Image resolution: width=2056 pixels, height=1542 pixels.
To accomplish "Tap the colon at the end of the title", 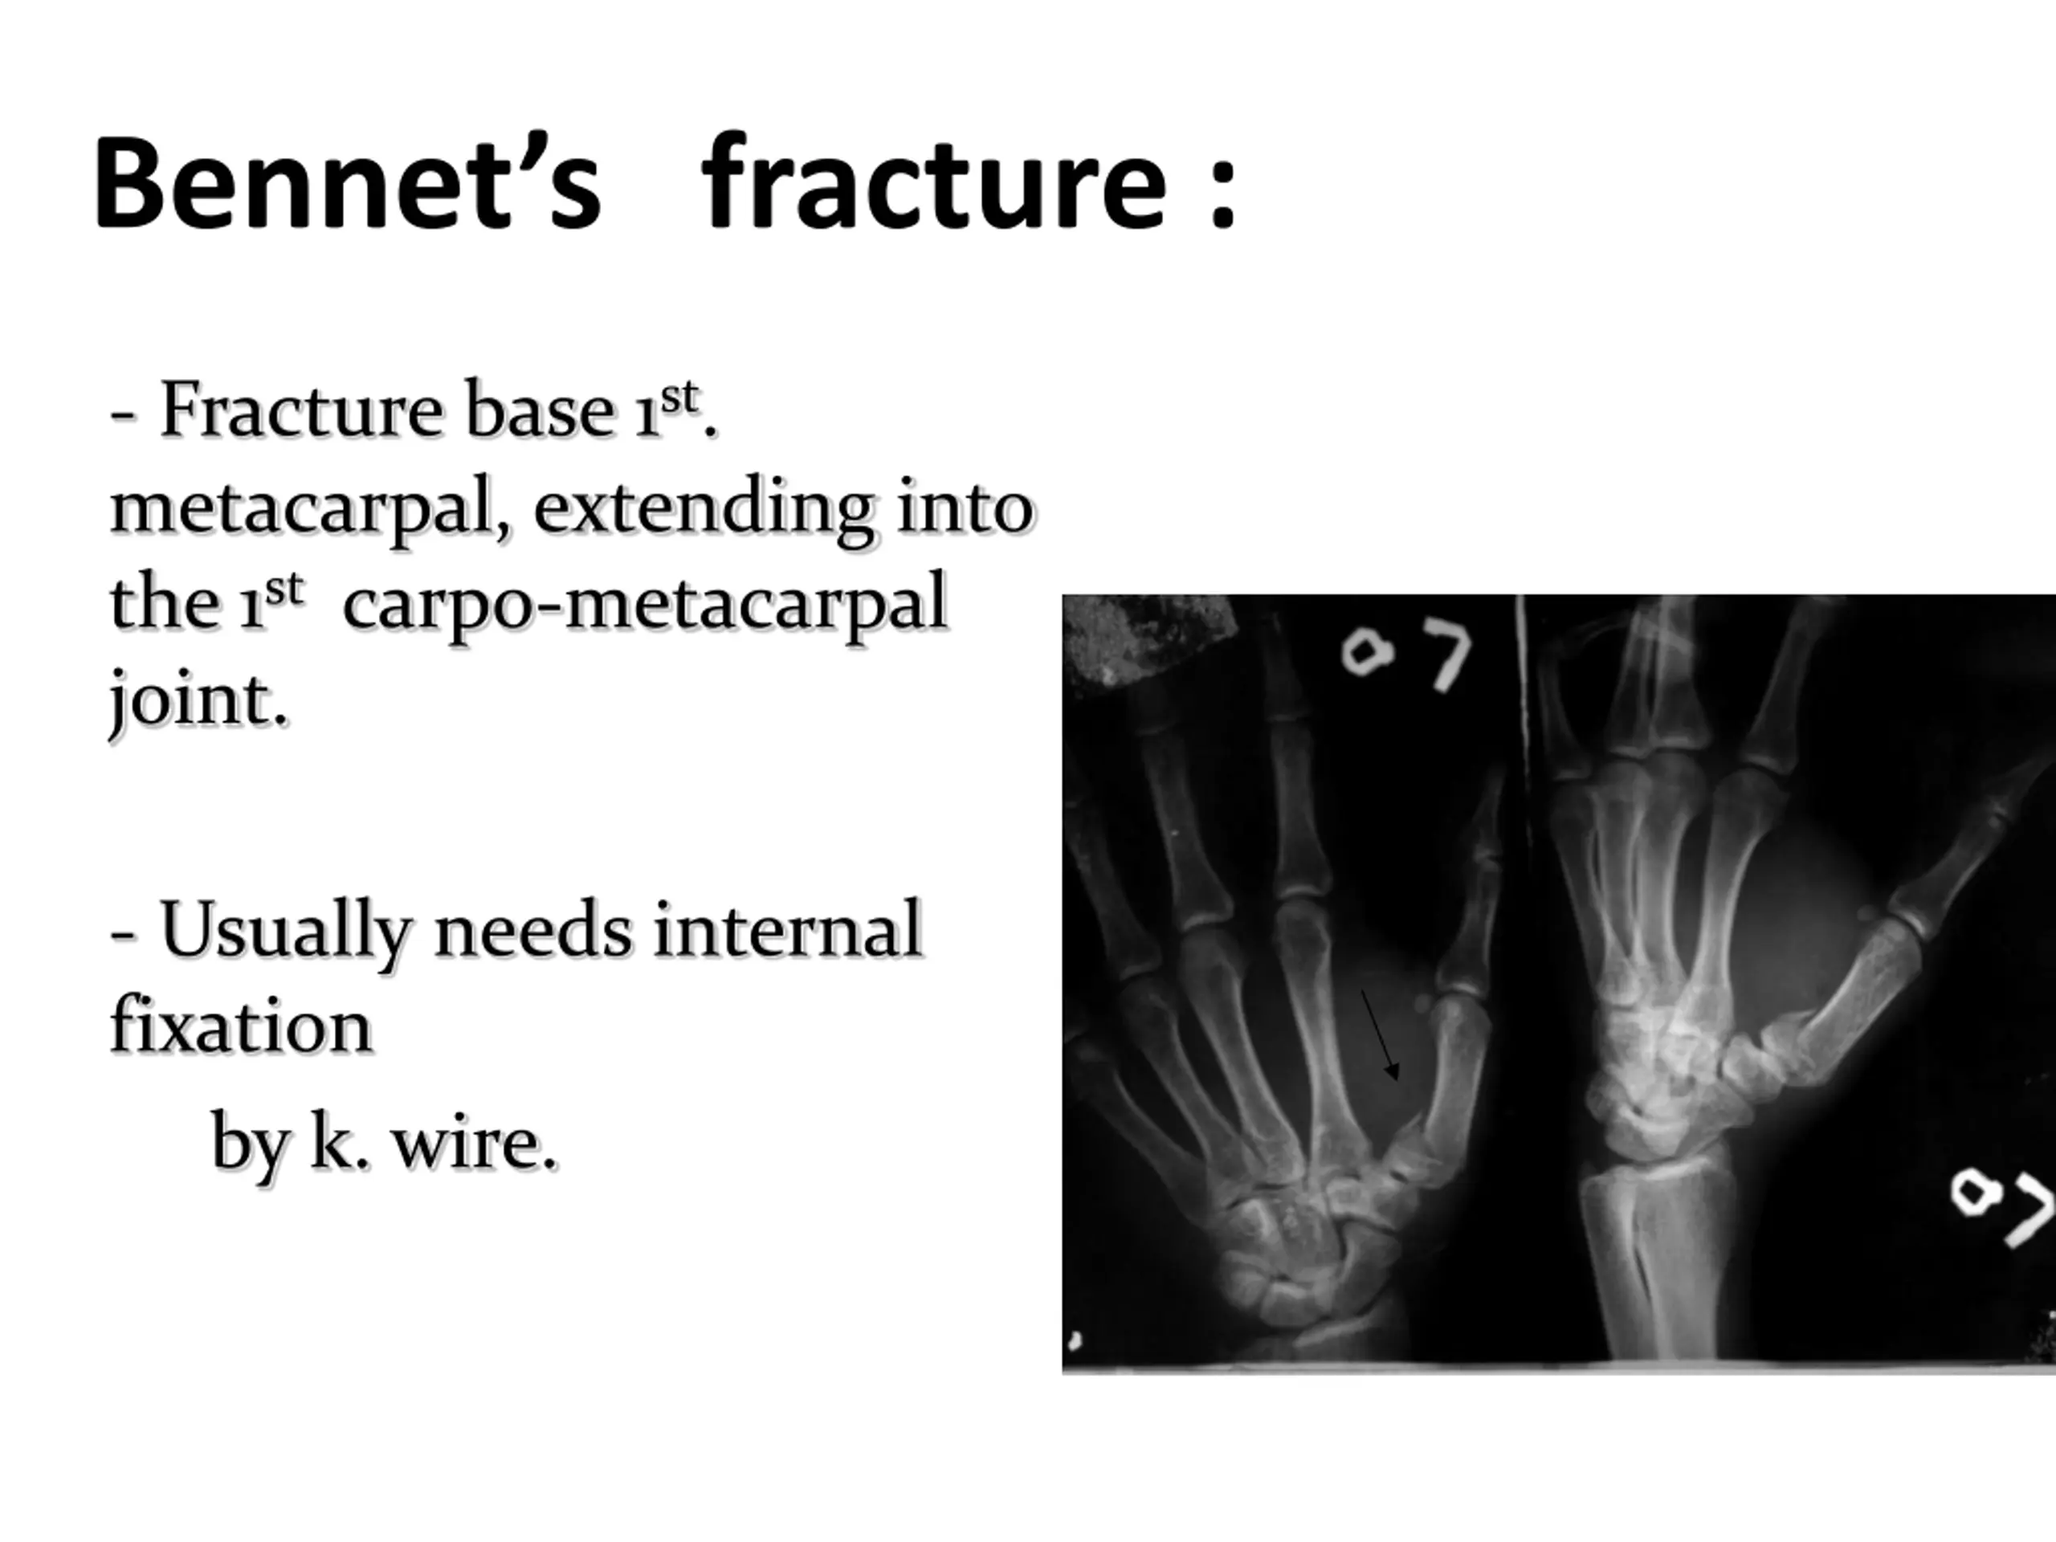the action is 1223,190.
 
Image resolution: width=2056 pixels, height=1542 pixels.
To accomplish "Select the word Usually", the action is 284,932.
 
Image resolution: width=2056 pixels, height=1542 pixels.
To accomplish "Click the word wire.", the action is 475,1142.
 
